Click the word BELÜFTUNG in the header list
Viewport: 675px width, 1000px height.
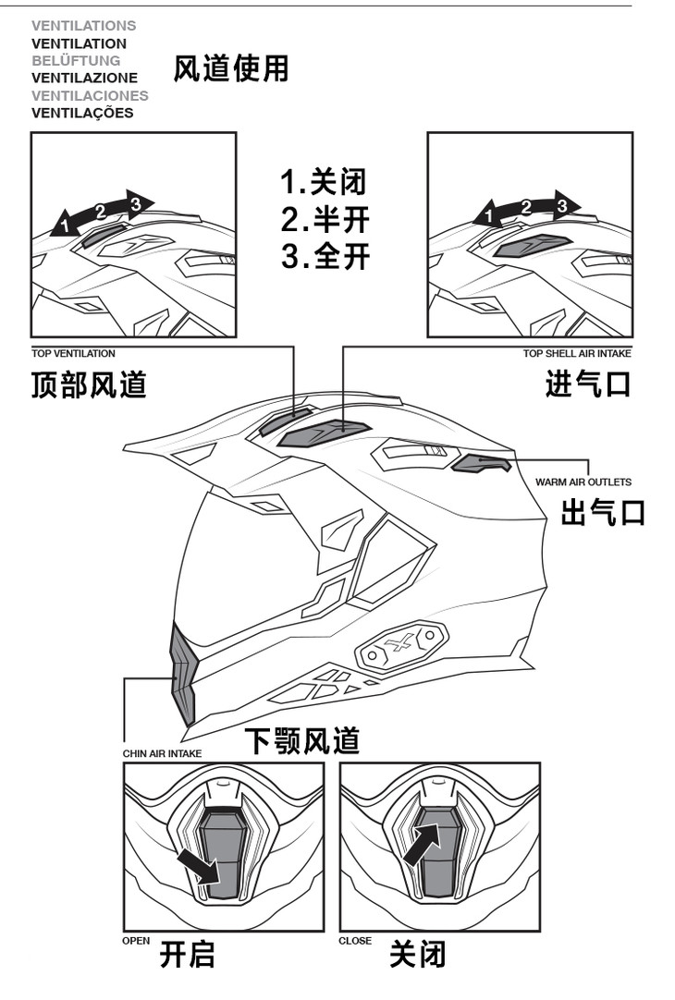point(76,60)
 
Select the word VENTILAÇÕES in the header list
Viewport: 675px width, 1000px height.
point(82,113)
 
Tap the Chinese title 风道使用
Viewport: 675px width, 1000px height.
point(230,68)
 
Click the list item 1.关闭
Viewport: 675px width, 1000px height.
point(324,182)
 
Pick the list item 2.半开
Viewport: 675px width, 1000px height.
point(325,219)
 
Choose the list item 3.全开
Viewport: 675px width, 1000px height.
point(325,256)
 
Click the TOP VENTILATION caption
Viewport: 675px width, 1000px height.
point(73,353)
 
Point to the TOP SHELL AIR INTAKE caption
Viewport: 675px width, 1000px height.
point(577,353)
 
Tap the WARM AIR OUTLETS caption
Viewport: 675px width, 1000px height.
point(583,482)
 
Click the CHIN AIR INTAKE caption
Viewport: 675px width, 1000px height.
point(162,753)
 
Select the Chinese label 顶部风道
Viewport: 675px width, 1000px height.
point(89,384)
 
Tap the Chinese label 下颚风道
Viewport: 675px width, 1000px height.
point(301,740)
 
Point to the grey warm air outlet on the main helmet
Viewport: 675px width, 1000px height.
point(480,462)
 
